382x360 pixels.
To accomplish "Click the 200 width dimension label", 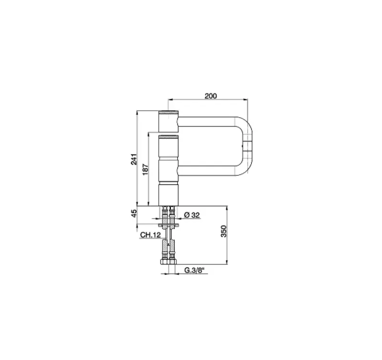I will tap(211, 96).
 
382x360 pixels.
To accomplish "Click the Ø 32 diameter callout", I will tap(191, 216).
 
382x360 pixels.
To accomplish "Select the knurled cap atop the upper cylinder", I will tap(168, 112).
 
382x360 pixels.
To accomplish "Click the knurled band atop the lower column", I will tap(168, 137).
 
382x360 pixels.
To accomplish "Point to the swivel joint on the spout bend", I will tap(249, 146).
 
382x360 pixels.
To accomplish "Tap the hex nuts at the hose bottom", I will tap(168, 262).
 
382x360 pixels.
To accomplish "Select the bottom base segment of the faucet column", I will tap(168, 193).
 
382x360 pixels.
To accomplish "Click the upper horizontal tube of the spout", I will tap(210, 121).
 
